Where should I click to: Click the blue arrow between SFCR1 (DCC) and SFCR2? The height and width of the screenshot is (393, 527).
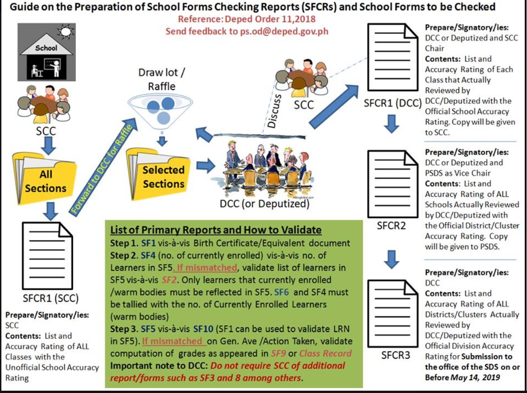[x=392, y=124]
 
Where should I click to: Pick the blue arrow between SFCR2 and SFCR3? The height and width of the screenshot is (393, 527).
[x=392, y=259]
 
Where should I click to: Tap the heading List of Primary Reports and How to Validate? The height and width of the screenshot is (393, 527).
[x=216, y=230]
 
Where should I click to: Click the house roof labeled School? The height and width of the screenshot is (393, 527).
[x=46, y=46]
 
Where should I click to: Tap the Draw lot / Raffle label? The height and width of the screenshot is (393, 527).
[x=158, y=79]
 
